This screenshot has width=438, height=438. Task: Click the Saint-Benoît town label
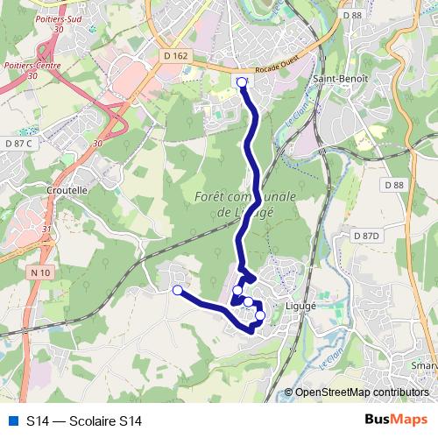click(333, 79)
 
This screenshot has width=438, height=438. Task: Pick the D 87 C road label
click(18, 143)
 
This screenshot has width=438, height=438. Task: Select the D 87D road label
click(368, 236)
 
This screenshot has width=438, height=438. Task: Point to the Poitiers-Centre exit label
click(25, 66)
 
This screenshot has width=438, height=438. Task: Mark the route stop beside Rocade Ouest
click(243, 82)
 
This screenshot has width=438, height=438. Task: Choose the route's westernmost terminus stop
click(178, 290)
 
